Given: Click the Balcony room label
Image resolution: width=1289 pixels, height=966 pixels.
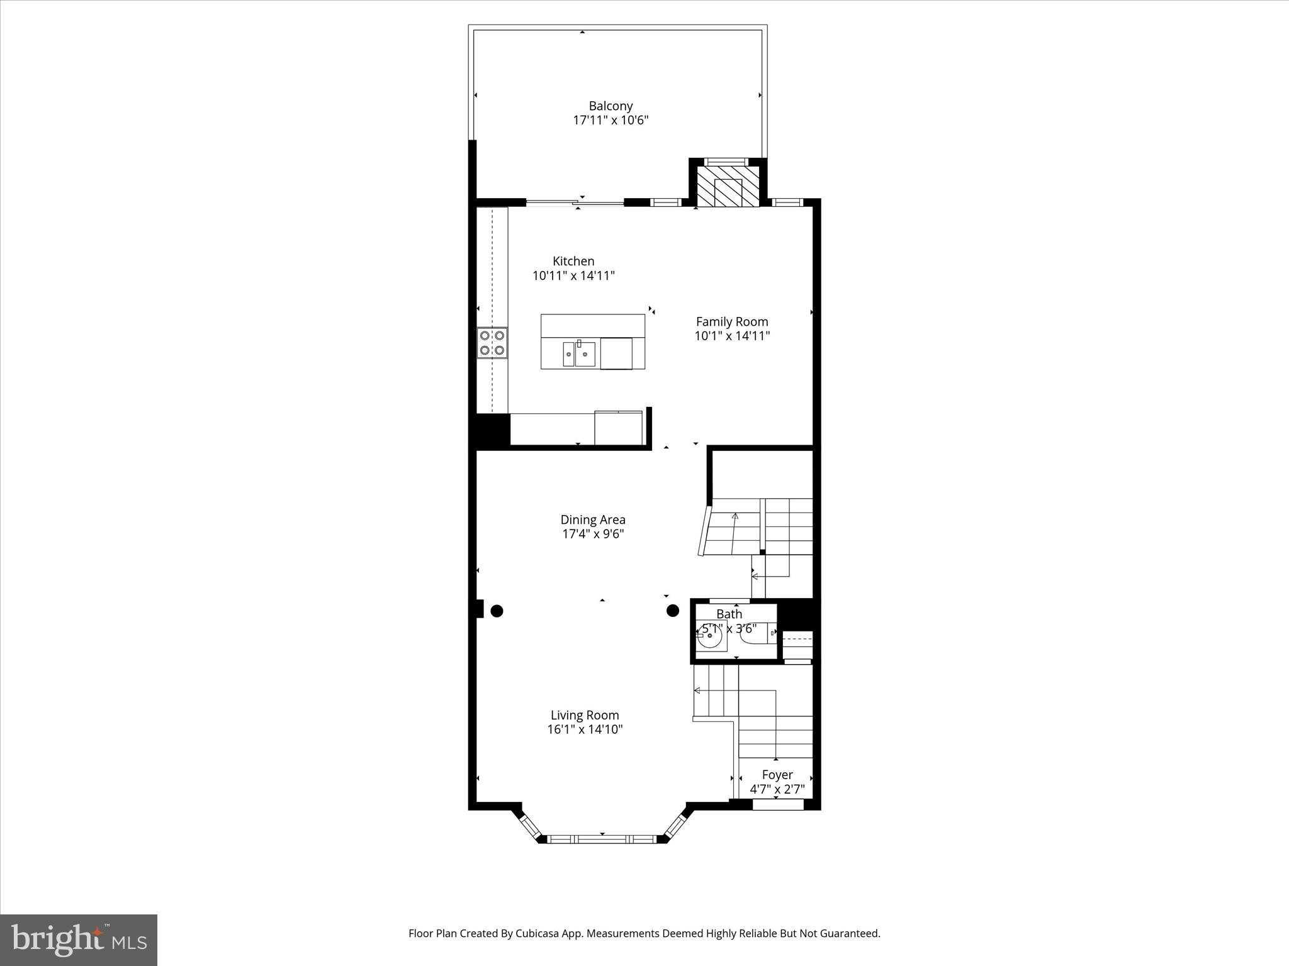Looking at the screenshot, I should click(610, 106).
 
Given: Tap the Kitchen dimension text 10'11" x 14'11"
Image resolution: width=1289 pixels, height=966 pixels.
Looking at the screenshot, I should click(573, 275).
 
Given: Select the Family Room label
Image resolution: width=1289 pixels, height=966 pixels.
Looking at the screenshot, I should click(731, 321).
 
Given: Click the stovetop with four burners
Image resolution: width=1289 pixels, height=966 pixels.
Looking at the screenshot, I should click(492, 343).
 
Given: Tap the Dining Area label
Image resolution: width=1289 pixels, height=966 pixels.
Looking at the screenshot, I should click(592, 519).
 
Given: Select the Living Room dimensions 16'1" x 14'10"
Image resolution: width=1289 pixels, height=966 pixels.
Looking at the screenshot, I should click(585, 730).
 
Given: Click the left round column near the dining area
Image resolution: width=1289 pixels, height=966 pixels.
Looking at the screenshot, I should click(497, 610).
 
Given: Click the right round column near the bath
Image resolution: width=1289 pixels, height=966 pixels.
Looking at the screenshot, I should click(673, 610).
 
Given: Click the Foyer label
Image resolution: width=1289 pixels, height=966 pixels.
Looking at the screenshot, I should click(777, 775).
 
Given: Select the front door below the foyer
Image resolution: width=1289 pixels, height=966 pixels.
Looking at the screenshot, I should click(778, 804).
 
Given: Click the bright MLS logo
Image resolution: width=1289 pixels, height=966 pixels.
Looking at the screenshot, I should click(79, 940).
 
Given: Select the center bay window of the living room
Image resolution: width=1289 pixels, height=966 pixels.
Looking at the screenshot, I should click(602, 839).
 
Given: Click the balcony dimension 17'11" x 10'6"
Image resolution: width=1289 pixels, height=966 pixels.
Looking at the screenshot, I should click(610, 120).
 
